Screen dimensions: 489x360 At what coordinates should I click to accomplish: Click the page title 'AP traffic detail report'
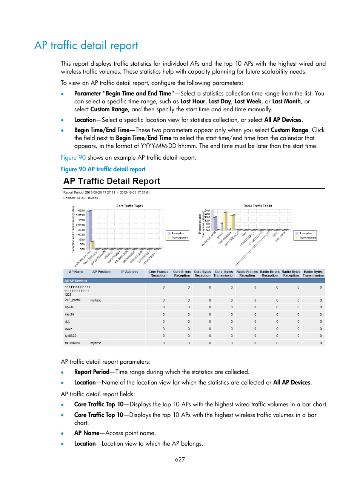pyautogui.click(x=86, y=46)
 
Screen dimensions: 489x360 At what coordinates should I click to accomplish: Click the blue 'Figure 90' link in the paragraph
pyautogui.click(x=73, y=158)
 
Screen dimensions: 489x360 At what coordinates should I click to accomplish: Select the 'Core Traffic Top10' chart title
pyautogui.click(x=129, y=206)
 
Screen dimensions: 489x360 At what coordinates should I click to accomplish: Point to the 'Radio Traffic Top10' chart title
pyautogui.click(x=257, y=206)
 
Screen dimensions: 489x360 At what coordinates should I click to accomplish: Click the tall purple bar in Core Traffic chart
pyautogui.click(x=89, y=229)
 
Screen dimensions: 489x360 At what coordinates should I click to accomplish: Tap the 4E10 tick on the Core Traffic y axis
pyautogui.click(x=81, y=211)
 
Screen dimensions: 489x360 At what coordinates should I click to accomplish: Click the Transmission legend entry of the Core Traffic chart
pyautogui.click(x=179, y=238)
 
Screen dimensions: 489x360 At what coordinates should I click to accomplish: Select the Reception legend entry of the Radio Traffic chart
pyautogui.click(x=305, y=234)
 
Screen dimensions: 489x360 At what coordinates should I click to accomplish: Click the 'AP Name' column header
pyautogui.click(x=76, y=272)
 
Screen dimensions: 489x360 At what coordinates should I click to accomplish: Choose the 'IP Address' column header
pyautogui.click(x=129, y=272)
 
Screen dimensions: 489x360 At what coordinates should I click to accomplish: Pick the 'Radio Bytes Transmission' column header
pyautogui.click(x=313, y=274)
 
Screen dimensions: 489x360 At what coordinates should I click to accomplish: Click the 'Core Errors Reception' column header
pyautogui.click(x=182, y=274)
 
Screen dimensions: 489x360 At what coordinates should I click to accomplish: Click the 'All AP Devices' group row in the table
pyautogui.click(x=76, y=281)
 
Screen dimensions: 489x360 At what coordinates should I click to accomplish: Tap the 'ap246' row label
pyautogui.click(x=69, y=307)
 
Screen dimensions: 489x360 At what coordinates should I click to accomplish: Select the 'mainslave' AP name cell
pyautogui.click(x=72, y=343)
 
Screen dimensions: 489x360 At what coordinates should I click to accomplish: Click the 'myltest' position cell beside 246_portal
pyautogui.click(x=95, y=300)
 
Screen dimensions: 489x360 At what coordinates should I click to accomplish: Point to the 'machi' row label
pyautogui.click(x=69, y=314)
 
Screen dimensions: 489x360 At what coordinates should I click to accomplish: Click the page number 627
pyautogui.click(x=180, y=460)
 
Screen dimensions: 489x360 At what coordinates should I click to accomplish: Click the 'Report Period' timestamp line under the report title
pyautogui.click(x=106, y=192)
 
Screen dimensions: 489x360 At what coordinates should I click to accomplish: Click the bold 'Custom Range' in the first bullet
pyautogui.click(x=109, y=109)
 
